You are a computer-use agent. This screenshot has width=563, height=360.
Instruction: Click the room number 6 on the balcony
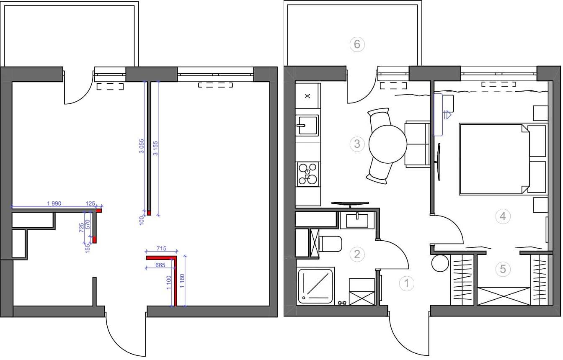pos(357,44)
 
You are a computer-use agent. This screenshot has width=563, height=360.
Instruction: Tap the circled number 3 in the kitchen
pos(357,144)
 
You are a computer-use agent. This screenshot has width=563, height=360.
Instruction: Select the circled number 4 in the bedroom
pos(503,216)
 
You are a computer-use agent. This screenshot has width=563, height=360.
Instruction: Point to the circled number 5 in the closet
pos(503,269)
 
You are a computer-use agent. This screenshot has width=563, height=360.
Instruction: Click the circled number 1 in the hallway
pos(406,284)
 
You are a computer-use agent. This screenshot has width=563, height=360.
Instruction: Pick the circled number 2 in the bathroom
pos(357,255)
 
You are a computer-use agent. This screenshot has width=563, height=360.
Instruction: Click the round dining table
pos(388,144)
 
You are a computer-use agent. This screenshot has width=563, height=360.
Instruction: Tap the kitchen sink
pos(307,125)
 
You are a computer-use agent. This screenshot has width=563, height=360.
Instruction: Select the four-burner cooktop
pos(307,174)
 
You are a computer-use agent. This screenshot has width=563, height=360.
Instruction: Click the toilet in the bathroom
pos(330,244)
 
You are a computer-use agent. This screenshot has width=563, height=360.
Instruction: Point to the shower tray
pos(315,286)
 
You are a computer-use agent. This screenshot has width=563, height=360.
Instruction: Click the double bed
pos(495,159)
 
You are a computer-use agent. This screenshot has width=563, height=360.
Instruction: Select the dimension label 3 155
pos(155,148)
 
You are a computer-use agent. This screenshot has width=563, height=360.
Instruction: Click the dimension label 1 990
pos(54,203)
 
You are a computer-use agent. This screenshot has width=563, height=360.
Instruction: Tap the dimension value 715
pos(161,248)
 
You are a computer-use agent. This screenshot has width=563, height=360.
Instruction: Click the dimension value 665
pos(160,265)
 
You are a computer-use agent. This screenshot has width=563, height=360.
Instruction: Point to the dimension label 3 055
pos(142,146)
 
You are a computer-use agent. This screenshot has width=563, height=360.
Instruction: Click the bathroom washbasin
pos(357,220)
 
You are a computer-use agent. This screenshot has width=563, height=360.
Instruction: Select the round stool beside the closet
pos(440,263)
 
